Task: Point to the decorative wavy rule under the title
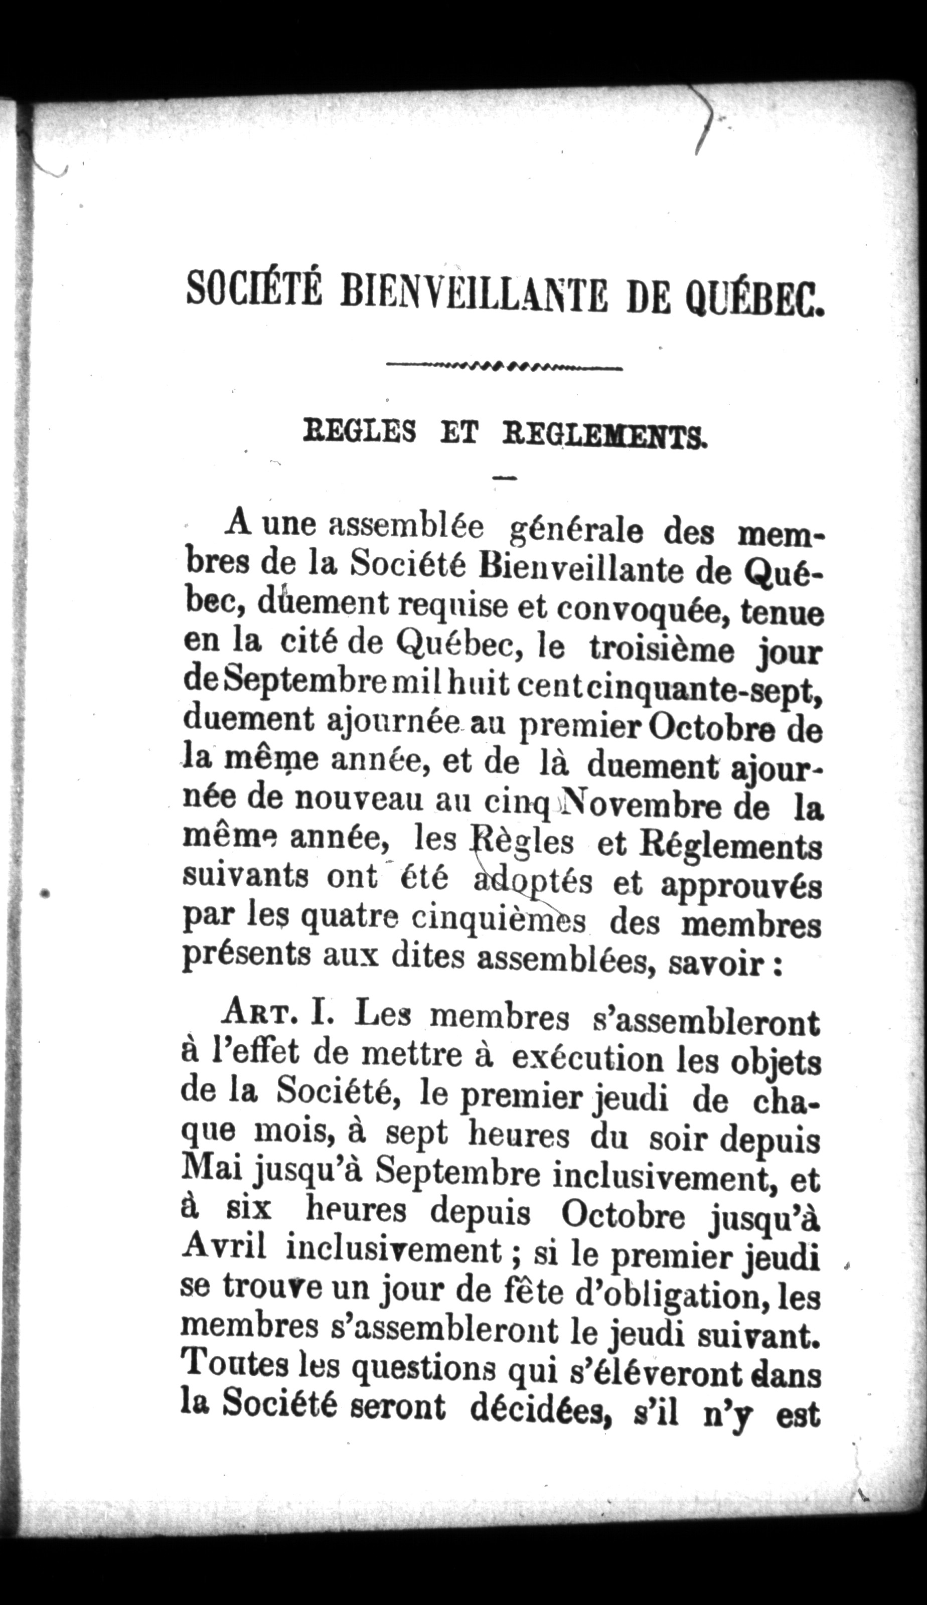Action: pos(504,367)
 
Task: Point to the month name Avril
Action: pos(222,1248)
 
